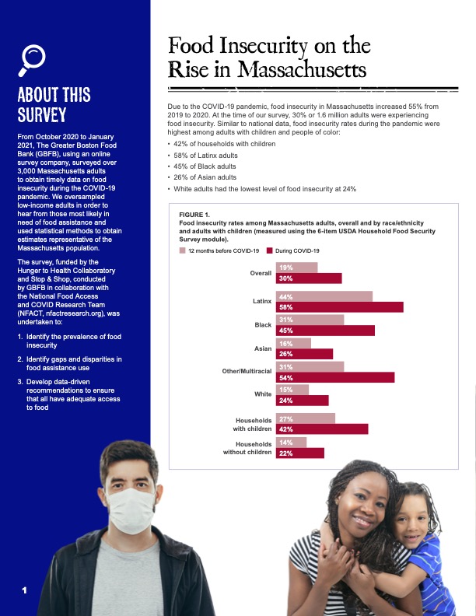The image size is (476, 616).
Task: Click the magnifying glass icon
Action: pos(34,58)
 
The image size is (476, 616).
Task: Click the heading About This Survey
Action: pos(54,106)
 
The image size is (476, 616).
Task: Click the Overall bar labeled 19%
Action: pos(296,268)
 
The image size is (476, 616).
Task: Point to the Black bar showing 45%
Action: pos(325,331)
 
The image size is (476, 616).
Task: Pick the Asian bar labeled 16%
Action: pos(293,343)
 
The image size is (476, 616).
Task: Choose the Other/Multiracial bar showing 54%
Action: pos(335,377)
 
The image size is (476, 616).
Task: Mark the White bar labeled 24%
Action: pos(303,401)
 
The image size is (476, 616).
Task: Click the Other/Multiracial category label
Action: pos(247,371)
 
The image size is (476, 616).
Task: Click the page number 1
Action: pos(25,591)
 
